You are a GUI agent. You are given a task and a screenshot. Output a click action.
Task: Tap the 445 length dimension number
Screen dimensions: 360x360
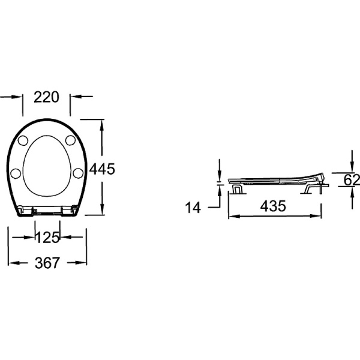click(102, 169)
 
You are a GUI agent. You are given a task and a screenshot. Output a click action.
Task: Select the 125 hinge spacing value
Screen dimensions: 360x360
click(47, 237)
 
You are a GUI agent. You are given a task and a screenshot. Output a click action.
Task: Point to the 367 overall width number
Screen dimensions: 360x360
click(46, 263)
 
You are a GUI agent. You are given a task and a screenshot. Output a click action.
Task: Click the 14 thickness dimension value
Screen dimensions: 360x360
click(193, 208)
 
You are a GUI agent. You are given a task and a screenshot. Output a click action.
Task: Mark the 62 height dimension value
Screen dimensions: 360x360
click(352, 179)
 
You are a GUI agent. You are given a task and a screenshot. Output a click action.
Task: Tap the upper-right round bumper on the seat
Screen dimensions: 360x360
click(70, 140)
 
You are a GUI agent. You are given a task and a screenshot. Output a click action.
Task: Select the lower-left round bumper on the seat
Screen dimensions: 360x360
click(17, 173)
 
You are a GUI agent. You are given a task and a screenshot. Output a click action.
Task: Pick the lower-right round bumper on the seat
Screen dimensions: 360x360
click(77, 173)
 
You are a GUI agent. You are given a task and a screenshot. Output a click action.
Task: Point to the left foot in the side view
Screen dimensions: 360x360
click(238, 189)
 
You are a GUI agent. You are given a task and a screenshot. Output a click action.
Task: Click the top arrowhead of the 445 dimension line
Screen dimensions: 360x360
click(102, 122)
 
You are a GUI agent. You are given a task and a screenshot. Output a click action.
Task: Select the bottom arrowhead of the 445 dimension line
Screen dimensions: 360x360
click(102, 211)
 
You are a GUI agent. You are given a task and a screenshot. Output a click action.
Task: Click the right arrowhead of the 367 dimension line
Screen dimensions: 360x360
click(83, 263)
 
